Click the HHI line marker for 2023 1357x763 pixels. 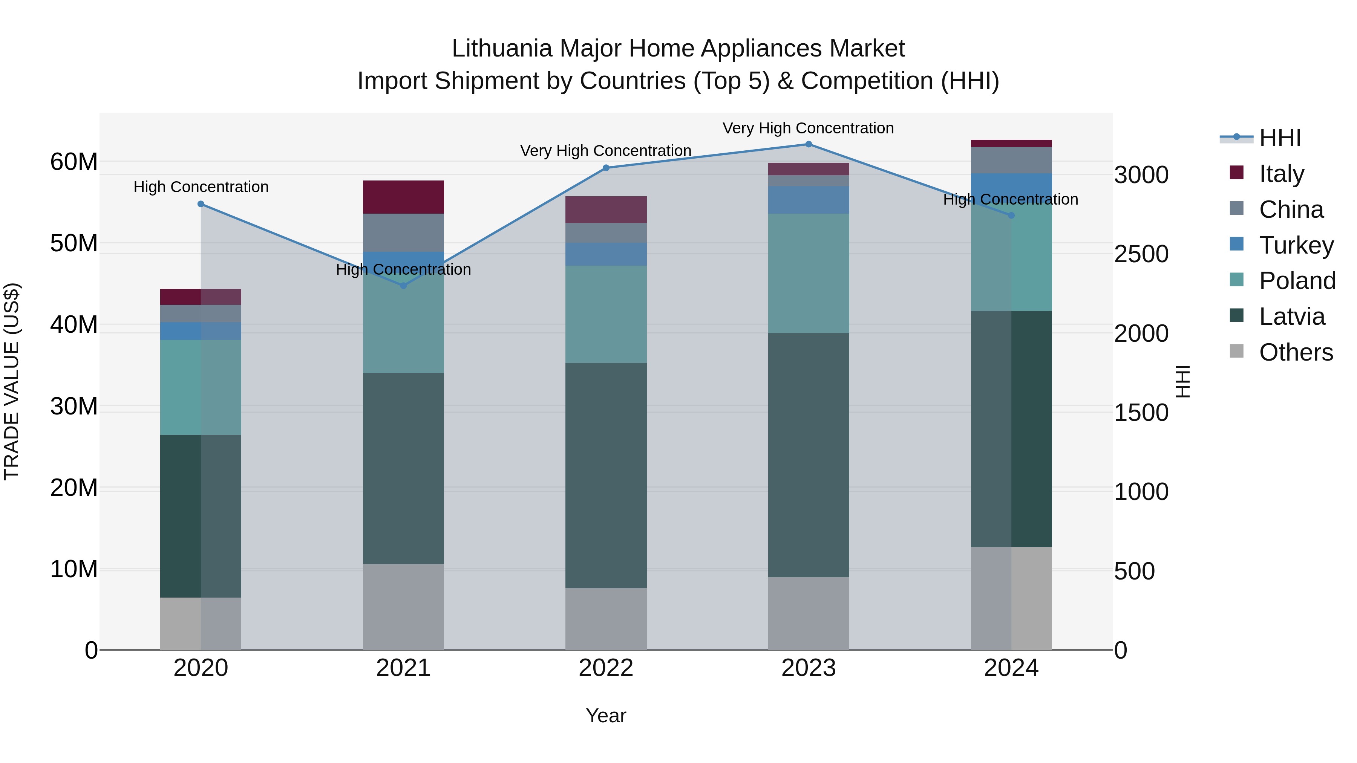[x=808, y=144]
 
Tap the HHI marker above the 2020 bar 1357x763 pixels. [x=201, y=204]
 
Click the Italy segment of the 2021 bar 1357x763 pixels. [x=403, y=197]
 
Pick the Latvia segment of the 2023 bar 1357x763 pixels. [x=808, y=455]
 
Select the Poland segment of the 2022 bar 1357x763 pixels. [x=606, y=314]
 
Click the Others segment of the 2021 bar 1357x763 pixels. [x=403, y=607]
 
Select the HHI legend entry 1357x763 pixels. [x=1280, y=138]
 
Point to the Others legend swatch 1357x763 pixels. [x=1236, y=351]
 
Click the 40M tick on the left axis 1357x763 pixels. [x=74, y=324]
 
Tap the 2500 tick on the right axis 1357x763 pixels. [x=1141, y=254]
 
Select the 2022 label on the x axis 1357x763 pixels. [x=606, y=668]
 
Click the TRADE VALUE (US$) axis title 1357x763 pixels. [x=12, y=381]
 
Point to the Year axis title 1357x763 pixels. [x=606, y=716]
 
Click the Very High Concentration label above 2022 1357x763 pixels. [x=606, y=151]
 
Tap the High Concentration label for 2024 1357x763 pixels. [x=1010, y=200]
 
